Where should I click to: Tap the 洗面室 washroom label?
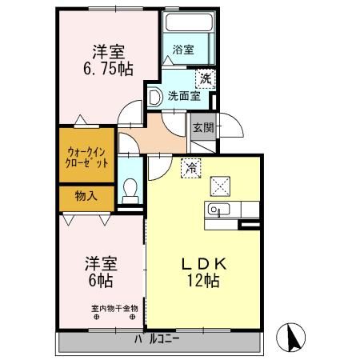tap(183, 97)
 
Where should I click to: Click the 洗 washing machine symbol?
tap(206, 78)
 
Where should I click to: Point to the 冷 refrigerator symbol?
tap(191, 168)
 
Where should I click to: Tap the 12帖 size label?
tap(205, 282)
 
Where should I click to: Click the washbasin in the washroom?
tap(154, 97)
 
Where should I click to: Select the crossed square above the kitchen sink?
tap(219, 186)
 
